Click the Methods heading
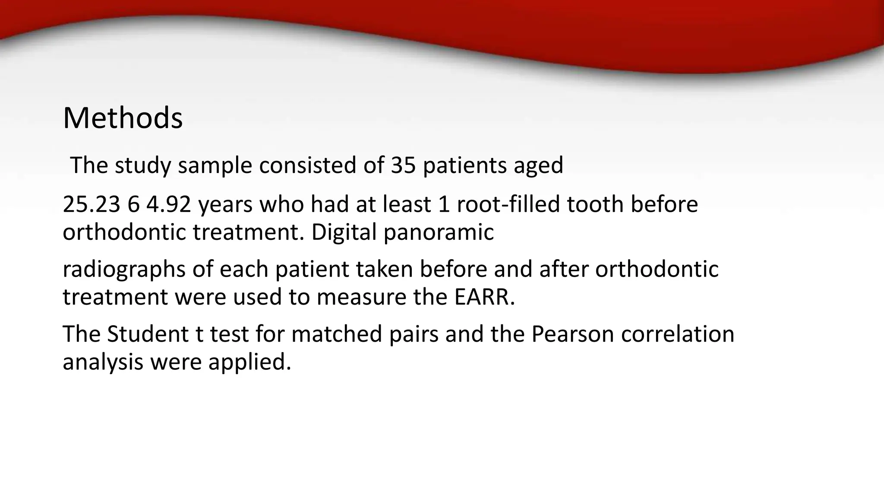(x=123, y=118)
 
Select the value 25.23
(x=91, y=204)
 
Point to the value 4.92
(x=168, y=204)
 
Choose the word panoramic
(x=439, y=232)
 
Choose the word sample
(x=215, y=165)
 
